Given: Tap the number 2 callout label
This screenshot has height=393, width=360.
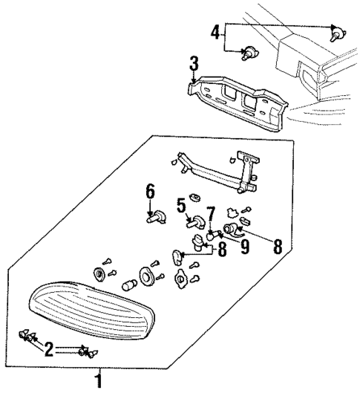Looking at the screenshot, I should pos(49,349).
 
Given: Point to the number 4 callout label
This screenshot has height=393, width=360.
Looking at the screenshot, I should pos(215,32).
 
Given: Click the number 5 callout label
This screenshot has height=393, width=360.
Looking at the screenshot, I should pos(180,205).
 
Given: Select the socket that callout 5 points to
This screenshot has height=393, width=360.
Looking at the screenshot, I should pos(197,221).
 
